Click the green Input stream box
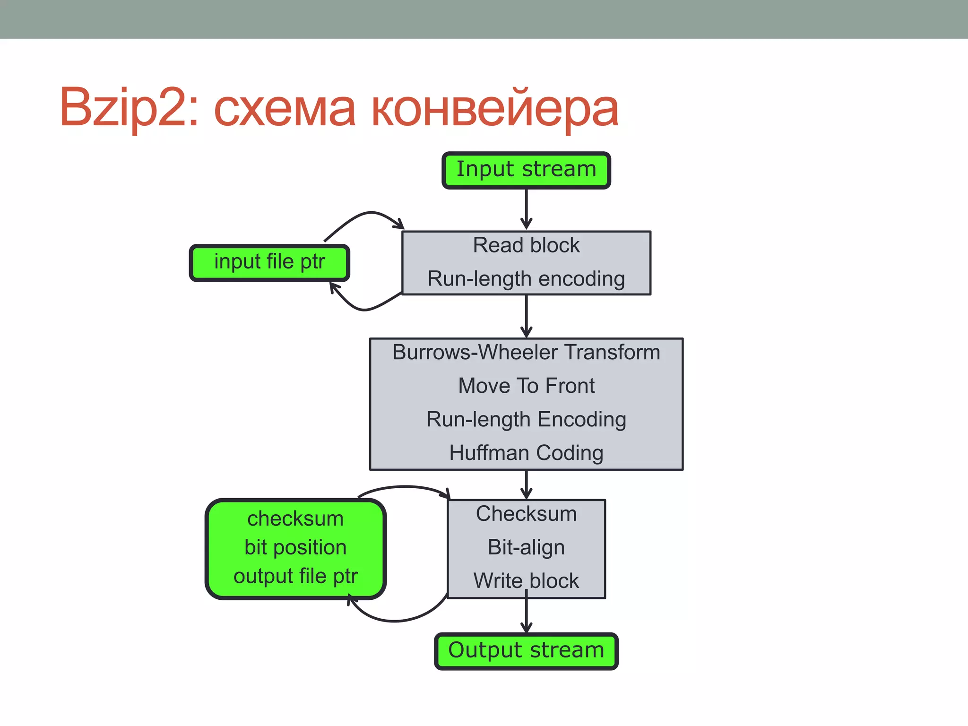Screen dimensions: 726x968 click(x=526, y=170)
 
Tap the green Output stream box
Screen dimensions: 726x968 click(x=526, y=651)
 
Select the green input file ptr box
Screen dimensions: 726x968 click(x=269, y=262)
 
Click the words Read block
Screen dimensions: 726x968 click(x=526, y=245)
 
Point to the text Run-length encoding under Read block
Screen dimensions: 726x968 click(x=526, y=279)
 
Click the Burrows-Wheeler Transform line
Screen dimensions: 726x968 click(x=526, y=353)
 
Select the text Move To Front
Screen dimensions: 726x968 click(x=526, y=386)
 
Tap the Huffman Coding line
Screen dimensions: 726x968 click(x=526, y=453)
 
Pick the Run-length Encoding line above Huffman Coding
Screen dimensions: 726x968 click(x=526, y=420)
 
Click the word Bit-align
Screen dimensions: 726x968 click(x=526, y=547)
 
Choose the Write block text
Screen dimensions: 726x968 click(x=526, y=581)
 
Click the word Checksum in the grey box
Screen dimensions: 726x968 click(x=526, y=514)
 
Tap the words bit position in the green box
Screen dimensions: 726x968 click(x=295, y=548)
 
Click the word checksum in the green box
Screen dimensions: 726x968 click(x=295, y=519)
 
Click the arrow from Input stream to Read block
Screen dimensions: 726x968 click(x=526, y=208)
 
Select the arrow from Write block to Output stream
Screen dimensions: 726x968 click(x=526, y=614)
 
